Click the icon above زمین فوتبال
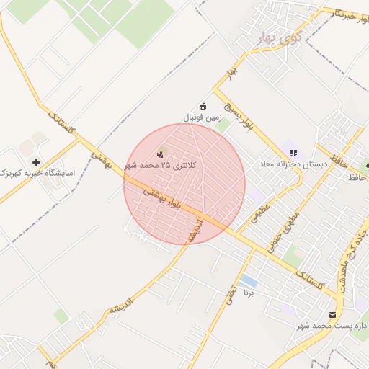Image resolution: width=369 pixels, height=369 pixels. point(203,105)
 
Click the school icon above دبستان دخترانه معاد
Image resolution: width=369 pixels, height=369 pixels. point(293,153)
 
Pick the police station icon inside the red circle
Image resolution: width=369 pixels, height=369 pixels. point(161,153)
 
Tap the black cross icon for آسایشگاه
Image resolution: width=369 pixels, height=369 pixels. point(36,162)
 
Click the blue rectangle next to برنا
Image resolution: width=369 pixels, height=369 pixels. point(249,280)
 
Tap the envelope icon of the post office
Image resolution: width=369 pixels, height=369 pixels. point(332,314)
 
